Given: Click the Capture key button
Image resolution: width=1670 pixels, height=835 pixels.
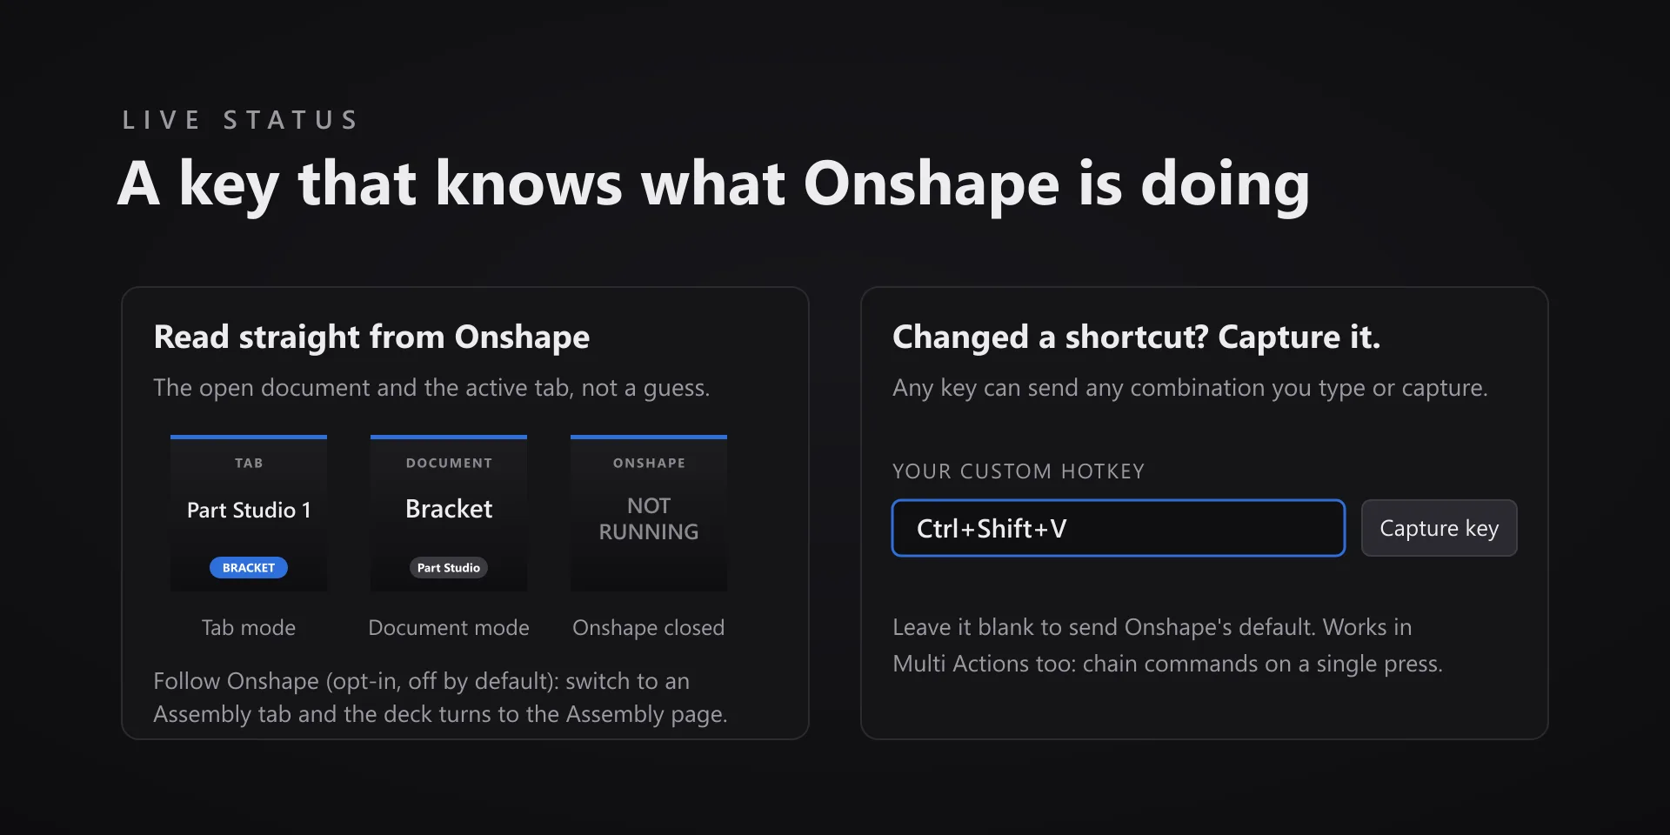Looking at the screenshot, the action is pyautogui.click(x=1439, y=528).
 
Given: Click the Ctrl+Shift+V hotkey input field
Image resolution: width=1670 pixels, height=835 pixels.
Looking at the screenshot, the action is pyautogui.click(x=1119, y=528).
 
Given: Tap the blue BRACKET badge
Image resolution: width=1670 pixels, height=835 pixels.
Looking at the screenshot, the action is pyautogui.click(x=249, y=568).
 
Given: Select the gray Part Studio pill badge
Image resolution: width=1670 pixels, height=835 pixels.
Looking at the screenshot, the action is pyautogui.click(x=449, y=568).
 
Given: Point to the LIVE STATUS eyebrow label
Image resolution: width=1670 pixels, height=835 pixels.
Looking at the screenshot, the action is pyautogui.click(x=240, y=120).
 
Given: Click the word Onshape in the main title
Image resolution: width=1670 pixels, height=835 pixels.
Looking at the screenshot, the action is pyautogui.click(x=932, y=186).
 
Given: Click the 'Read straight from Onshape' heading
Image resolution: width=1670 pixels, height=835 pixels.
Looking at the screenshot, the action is pyautogui.click(x=371, y=337).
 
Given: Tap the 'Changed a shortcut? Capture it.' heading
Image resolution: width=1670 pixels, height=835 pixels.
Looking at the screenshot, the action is pyautogui.click(x=1136, y=337).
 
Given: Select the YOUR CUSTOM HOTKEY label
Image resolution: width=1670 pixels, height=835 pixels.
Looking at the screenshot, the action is pyautogui.click(x=1019, y=471).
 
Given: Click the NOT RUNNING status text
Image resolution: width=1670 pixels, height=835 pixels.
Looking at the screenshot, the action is pyautogui.click(x=649, y=518).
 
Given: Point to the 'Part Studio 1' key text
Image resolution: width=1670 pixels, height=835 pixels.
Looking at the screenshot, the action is pyautogui.click(x=249, y=511).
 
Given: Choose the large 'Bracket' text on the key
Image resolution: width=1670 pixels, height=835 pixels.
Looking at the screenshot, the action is pyautogui.click(x=449, y=509).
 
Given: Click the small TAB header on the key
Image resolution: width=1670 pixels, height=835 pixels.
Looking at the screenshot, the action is pyautogui.click(x=249, y=464).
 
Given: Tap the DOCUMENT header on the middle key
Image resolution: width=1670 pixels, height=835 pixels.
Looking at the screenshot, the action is pyautogui.click(x=449, y=464).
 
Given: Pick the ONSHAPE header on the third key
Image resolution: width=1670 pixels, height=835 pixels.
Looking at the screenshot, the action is pyautogui.click(x=649, y=464).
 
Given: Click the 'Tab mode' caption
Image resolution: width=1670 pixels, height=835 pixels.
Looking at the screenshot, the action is pyautogui.click(x=249, y=628).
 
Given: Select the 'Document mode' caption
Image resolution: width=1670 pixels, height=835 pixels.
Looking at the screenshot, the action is pyautogui.click(x=449, y=628).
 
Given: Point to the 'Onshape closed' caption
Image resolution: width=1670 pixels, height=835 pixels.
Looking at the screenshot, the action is pyautogui.click(x=649, y=628).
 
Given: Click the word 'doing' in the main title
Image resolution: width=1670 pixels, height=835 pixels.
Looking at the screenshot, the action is pyautogui.click(x=1225, y=186).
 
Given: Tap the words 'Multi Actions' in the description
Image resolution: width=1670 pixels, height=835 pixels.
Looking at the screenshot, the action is pyautogui.click(x=961, y=664).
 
